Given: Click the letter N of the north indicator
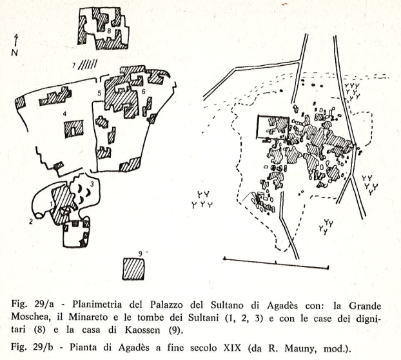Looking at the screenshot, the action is point(15,52).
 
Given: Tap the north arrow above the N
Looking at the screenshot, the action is point(16,40).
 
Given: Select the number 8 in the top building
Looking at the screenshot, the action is point(109,31).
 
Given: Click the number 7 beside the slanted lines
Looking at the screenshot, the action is point(74,66).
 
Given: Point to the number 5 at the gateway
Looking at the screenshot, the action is point(99,94).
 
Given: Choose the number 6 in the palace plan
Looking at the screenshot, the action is point(143,92).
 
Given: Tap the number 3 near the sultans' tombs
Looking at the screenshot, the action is point(92,184).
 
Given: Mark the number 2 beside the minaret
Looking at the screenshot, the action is point(31,221).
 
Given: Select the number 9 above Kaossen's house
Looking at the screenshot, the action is point(140,254).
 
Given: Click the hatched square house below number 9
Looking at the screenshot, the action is point(133,269).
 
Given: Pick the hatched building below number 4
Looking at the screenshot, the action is point(73,129).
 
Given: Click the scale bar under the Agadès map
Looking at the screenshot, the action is point(276,263).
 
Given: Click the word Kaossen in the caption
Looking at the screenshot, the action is point(142,330).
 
